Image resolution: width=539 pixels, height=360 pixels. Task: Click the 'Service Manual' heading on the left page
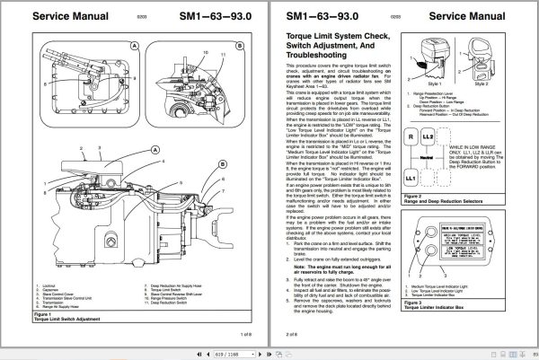[x=61, y=16]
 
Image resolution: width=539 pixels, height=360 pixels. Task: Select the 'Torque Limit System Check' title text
[x=335, y=36]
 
